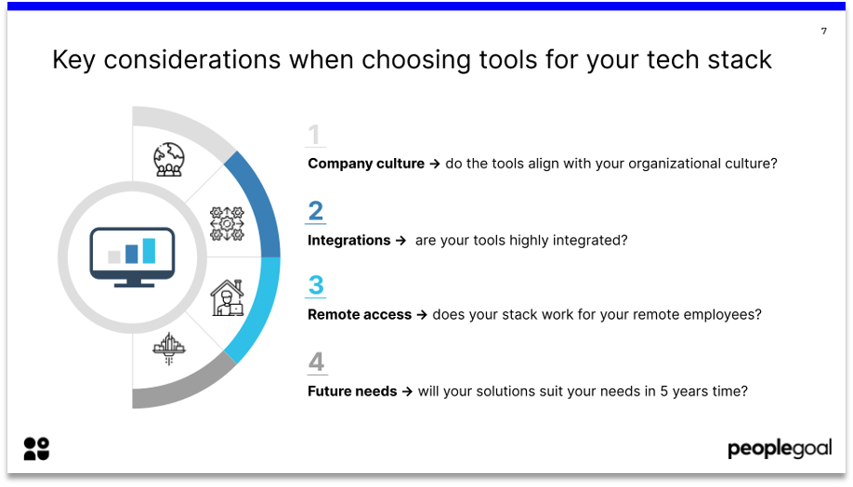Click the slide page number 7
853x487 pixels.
[x=823, y=31]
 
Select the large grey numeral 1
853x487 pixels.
[x=314, y=135]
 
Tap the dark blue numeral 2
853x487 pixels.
[x=316, y=211]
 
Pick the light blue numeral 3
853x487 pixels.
[x=316, y=284]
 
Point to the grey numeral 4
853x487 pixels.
[x=316, y=362]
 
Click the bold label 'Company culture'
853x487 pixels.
[x=366, y=164]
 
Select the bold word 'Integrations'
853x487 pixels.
[x=349, y=240]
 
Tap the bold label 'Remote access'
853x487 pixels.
[x=360, y=314]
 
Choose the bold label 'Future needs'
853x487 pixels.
[x=352, y=391]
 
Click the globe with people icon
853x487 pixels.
[x=168, y=160]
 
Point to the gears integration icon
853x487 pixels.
[x=227, y=224]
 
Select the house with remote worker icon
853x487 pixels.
[x=228, y=297]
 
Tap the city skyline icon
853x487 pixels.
[x=169, y=349]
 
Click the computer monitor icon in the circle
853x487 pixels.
[x=132, y=257]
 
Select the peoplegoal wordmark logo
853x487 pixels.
[x=780, y=448]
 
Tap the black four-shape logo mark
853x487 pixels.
[x=36, y=449]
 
